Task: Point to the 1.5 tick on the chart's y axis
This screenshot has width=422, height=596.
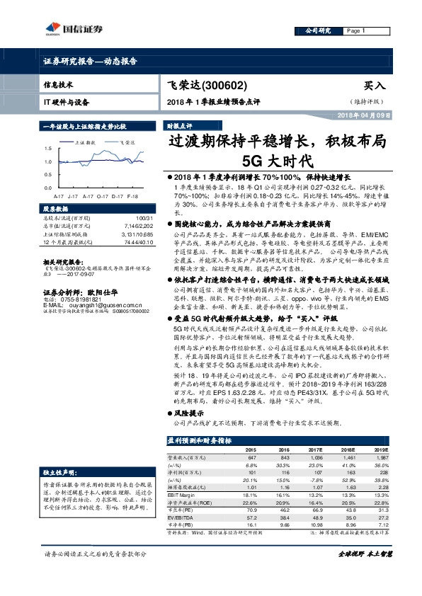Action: (x=47, y=149)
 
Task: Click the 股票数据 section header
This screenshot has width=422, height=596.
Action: (x=57, y=209)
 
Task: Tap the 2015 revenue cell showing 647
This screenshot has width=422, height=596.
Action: (x=250, y=459)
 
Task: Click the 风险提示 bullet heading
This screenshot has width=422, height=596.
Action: (x=187, y=413)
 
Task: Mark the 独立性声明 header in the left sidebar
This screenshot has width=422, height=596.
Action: (x=58, y=471)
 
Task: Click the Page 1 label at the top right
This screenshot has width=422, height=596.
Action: (x=355, y=32)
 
